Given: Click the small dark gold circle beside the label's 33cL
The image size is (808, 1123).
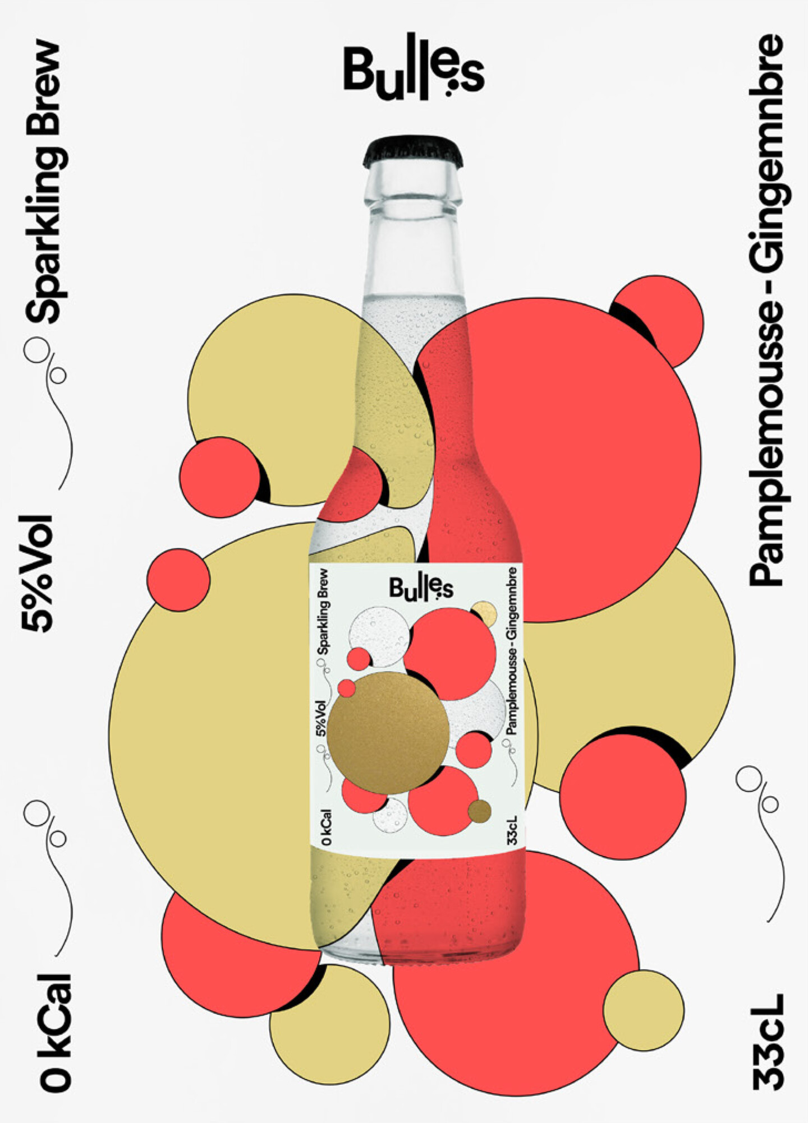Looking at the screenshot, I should tap(480, 811).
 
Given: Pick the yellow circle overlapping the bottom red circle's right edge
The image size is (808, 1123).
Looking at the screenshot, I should tap(644, 1010).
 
